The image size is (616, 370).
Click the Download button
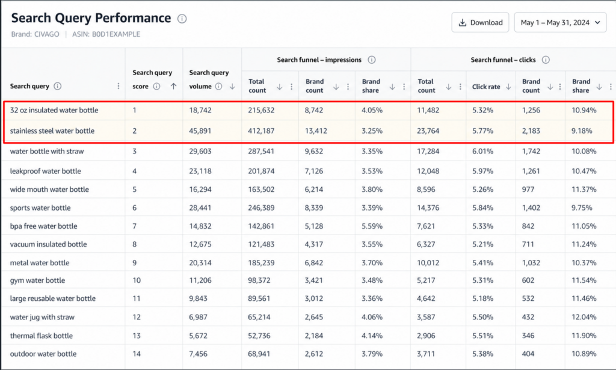480,22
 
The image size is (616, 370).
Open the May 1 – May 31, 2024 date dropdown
560,22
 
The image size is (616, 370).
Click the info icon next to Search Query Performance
182,19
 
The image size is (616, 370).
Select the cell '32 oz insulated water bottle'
54,110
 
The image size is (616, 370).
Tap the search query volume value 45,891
200,131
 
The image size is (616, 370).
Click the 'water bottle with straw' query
47,151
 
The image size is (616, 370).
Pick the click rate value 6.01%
482,151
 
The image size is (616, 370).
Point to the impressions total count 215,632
261,110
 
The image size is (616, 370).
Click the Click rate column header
486,87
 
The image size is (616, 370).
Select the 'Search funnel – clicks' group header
504,60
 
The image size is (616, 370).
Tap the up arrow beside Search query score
173,87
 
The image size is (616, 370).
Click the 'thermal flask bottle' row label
42,336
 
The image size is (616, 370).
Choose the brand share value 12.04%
584,317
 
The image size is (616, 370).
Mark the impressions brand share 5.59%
372,226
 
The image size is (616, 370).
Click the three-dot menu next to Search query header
119,86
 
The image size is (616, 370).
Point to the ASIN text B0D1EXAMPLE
116,34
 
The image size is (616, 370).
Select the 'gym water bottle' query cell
37,280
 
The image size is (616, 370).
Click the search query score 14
137,354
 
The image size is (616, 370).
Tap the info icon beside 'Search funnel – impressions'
372,60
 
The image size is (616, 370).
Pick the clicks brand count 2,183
531,131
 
